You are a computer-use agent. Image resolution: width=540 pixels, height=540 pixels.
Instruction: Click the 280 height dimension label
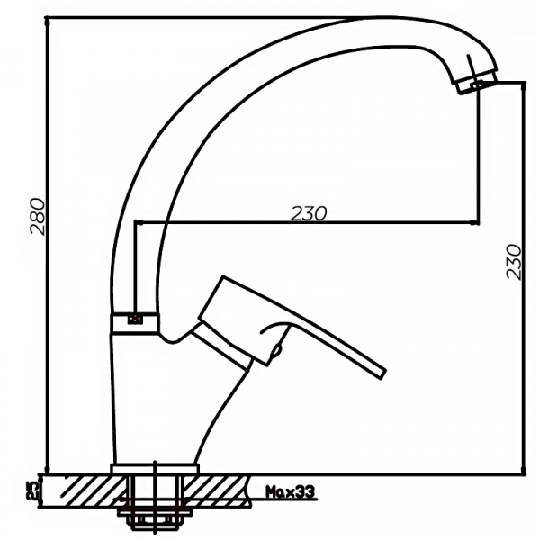coord(38,216)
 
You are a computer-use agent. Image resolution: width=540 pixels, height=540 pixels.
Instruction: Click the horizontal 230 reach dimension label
coord(309,213)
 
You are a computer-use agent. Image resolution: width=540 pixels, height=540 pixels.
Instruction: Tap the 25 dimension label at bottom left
coord(32,490)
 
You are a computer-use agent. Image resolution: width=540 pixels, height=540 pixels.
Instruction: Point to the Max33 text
coord(291,491)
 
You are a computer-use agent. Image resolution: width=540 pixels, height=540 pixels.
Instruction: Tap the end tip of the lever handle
coord(383,374)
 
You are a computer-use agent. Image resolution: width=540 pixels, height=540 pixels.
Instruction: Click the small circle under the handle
coord(276,351)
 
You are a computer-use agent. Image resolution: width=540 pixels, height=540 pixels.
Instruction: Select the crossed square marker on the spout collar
coord(135,319)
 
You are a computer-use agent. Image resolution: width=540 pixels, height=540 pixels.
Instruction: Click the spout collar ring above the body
coord(134,323)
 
